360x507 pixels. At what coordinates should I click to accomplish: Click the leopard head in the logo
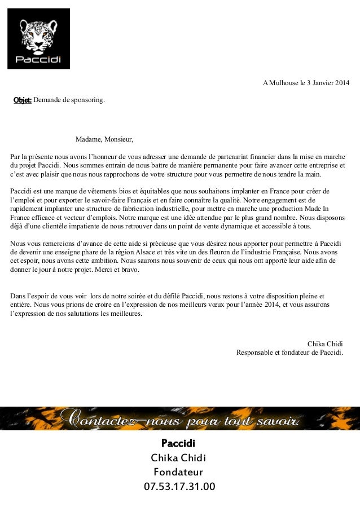point(38,34)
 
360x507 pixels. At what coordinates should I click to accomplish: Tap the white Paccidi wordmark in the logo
point(38,59)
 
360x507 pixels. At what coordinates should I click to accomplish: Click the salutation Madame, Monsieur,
point(104,139)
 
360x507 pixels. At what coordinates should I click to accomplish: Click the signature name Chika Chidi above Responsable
point(325,344)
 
